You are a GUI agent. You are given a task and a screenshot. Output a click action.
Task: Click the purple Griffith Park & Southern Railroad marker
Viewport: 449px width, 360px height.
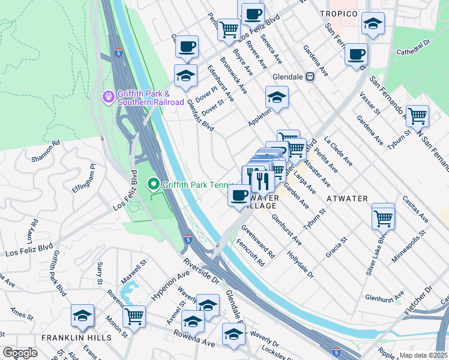pos(108,96)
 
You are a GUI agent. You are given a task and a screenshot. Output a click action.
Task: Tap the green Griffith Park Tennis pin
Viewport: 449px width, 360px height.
pos(153,184)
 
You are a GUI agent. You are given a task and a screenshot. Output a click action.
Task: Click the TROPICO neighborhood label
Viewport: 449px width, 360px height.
pos(339,14)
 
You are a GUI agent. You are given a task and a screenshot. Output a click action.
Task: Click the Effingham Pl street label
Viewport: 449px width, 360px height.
pos(84,178)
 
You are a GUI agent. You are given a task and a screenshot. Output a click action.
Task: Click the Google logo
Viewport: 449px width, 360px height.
pos(20,353)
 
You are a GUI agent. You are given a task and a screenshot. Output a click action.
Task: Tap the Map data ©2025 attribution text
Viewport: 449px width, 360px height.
pos(423,355)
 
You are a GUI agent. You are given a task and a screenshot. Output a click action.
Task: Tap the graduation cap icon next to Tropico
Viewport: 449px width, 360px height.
pos(373,24)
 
